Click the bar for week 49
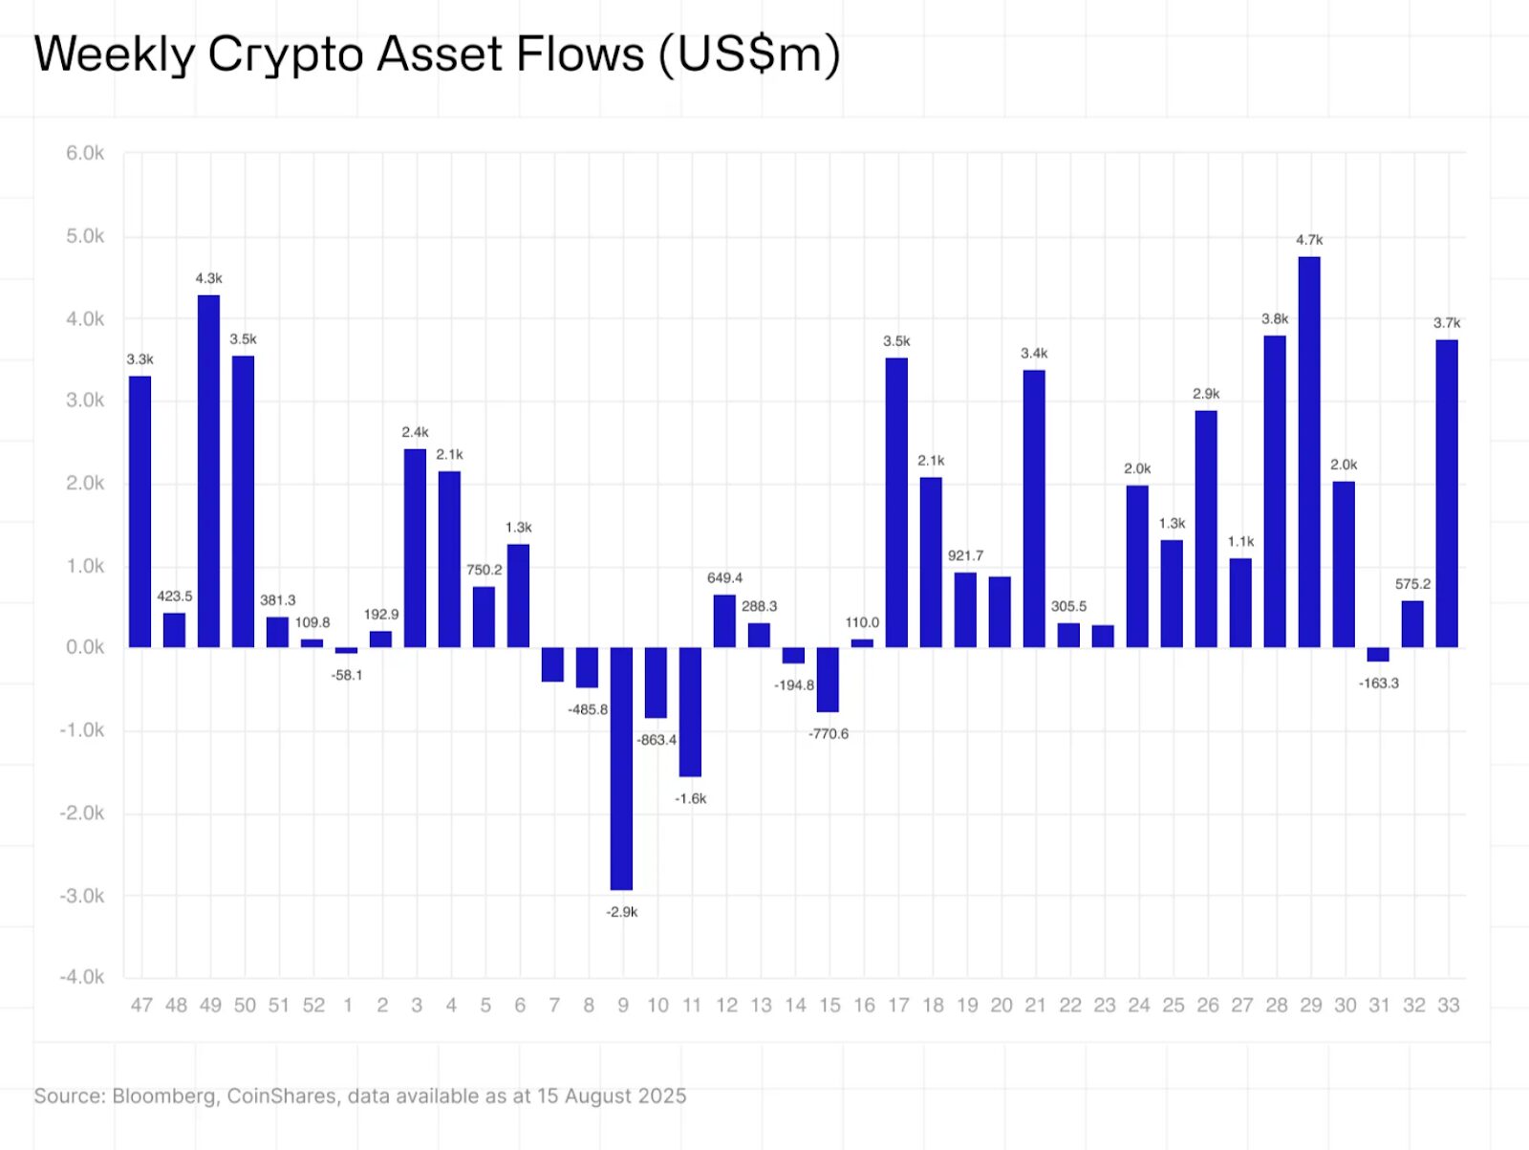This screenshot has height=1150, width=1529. click(208, 470)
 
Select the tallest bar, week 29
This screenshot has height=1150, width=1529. click(1309, 451)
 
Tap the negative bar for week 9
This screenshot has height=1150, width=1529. click(621, 768)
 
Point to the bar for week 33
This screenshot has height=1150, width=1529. click(1447, 493)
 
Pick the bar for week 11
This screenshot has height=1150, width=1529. click(690, 711)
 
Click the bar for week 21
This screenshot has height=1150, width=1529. click(1034, 509)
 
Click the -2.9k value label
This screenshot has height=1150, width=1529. click(621, 912)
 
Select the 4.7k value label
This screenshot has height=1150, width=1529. click(1309, 240)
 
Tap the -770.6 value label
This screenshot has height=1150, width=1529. click(829, 734)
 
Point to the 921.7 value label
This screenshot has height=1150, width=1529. click(965, 555)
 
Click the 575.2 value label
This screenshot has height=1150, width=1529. click(1412, 584)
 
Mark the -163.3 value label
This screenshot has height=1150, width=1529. click(1378, 683)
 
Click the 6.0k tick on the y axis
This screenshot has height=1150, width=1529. click(85, 153)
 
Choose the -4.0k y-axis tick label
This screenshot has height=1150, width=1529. click(82, 977)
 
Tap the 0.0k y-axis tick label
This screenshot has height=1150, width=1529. click(85, 647)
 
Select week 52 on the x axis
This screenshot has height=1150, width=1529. click(313, 1006)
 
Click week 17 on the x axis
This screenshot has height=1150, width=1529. click(898, 1006)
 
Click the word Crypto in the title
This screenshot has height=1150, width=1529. click(285, 54)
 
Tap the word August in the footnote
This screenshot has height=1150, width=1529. click(596, 1096)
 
